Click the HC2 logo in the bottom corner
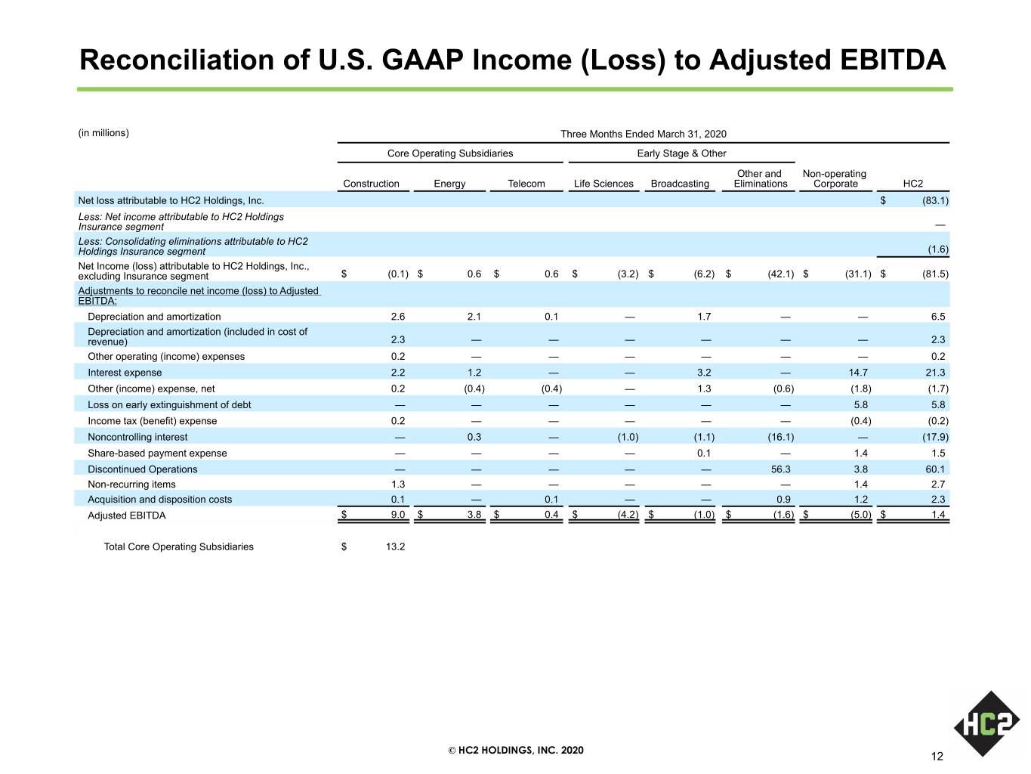(x=987, y=723)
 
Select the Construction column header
(x=371, y=183)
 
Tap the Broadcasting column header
(x=680, y=183)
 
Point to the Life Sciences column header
(x=603, y=183)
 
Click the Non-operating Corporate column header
(x=835, y=178)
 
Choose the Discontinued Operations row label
(x=142, y=469)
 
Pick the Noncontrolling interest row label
(x=137, y=437)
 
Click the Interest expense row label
(x=125, y=373)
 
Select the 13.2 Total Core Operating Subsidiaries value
(x=395, y=546)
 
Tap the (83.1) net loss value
(x=935, y=200)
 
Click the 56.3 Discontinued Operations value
(x=781, y=469)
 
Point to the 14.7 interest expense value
(x=858, y=373)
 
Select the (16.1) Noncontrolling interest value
(x=781, y=437)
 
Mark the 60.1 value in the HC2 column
(x=935, y=469)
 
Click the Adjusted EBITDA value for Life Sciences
(x=628, y=515)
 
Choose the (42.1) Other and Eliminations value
(x=781, y=274)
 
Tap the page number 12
(x=937, y=756)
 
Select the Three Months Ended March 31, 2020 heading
(x=644, y=134)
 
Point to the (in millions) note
(x=103, y=133)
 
